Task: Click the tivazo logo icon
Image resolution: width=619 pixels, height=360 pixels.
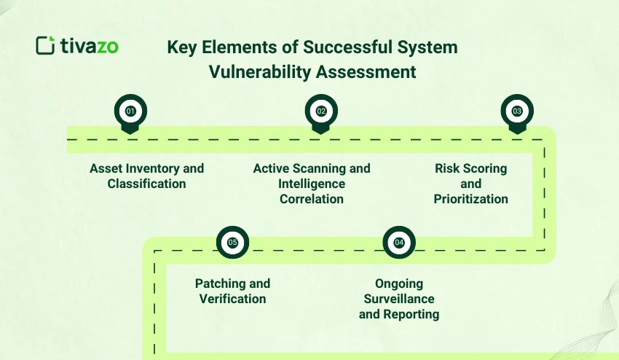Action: (45, 45)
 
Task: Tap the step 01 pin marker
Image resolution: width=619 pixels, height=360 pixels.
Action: (131, 111)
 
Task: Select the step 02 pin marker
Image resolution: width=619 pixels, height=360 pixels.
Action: (320, 111)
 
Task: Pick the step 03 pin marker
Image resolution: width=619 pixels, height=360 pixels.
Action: (517, 111)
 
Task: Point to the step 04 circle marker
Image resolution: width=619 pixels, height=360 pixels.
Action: (399, 243)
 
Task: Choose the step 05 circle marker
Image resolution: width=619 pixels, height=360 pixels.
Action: (232, 243)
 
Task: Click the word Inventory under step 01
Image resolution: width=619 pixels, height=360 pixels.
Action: (154, 168)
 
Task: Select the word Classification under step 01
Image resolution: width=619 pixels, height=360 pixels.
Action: (146, 184)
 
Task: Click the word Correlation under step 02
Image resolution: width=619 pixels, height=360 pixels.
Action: (312, 199)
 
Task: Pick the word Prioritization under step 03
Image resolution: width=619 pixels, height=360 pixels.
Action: (470, 199)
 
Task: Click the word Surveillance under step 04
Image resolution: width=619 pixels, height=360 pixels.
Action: (399, 299)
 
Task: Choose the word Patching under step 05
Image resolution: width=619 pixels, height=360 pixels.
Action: (218, 283)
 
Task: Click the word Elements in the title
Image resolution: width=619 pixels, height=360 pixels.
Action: (234, 48)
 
